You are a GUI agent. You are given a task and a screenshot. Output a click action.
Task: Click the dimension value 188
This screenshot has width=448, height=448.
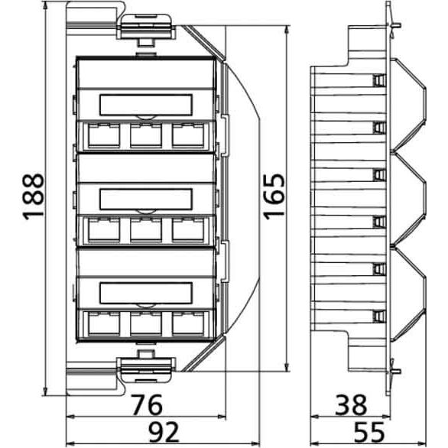pyautogui.click(x=34, y=196)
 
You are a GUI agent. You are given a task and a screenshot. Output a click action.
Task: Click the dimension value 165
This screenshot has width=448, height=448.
pyautogui.click(x=274, y=196)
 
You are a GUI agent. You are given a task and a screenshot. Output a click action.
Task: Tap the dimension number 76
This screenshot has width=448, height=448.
pyautogui.click(x=148, y=405)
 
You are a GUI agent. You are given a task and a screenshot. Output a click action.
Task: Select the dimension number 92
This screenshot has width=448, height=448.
pyautogui.click(x=164, y=432)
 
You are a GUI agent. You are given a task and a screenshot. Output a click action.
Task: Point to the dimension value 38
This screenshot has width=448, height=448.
pyautogui.click(x=351, y=405)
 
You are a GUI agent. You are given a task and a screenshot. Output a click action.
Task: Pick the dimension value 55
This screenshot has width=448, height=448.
pyautogui.click(x=369, y=432)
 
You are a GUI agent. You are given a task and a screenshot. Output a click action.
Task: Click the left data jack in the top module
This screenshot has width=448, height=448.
pyautogui.click(x=104, y=135)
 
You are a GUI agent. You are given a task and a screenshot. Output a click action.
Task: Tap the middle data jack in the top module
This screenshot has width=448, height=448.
pyautogui.click(x=146, y=135)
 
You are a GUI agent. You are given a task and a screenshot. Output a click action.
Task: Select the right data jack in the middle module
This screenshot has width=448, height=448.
pyautogui.click(x=188, y=229)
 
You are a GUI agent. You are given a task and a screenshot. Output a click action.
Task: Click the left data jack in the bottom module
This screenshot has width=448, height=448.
pyautogui.click(x=104, y=323)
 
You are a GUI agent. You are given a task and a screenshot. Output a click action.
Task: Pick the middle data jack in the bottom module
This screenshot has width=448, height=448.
pyautogui.click(x=146, y=323)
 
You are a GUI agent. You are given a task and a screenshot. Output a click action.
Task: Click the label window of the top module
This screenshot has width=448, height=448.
pyautogui.click(x=146, y=105)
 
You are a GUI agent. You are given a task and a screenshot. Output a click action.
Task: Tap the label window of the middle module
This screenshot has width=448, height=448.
pyautogui.click(x=146, y=199)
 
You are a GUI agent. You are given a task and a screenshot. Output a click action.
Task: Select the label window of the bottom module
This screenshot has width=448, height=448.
pyautogui.click(x=146, y=293)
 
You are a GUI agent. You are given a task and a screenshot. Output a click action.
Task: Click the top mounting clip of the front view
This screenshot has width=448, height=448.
pyautogui.click(x=146, y=28)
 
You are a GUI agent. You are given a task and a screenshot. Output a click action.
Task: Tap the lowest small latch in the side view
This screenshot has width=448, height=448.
pyautogui.click(x=379, y=316)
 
